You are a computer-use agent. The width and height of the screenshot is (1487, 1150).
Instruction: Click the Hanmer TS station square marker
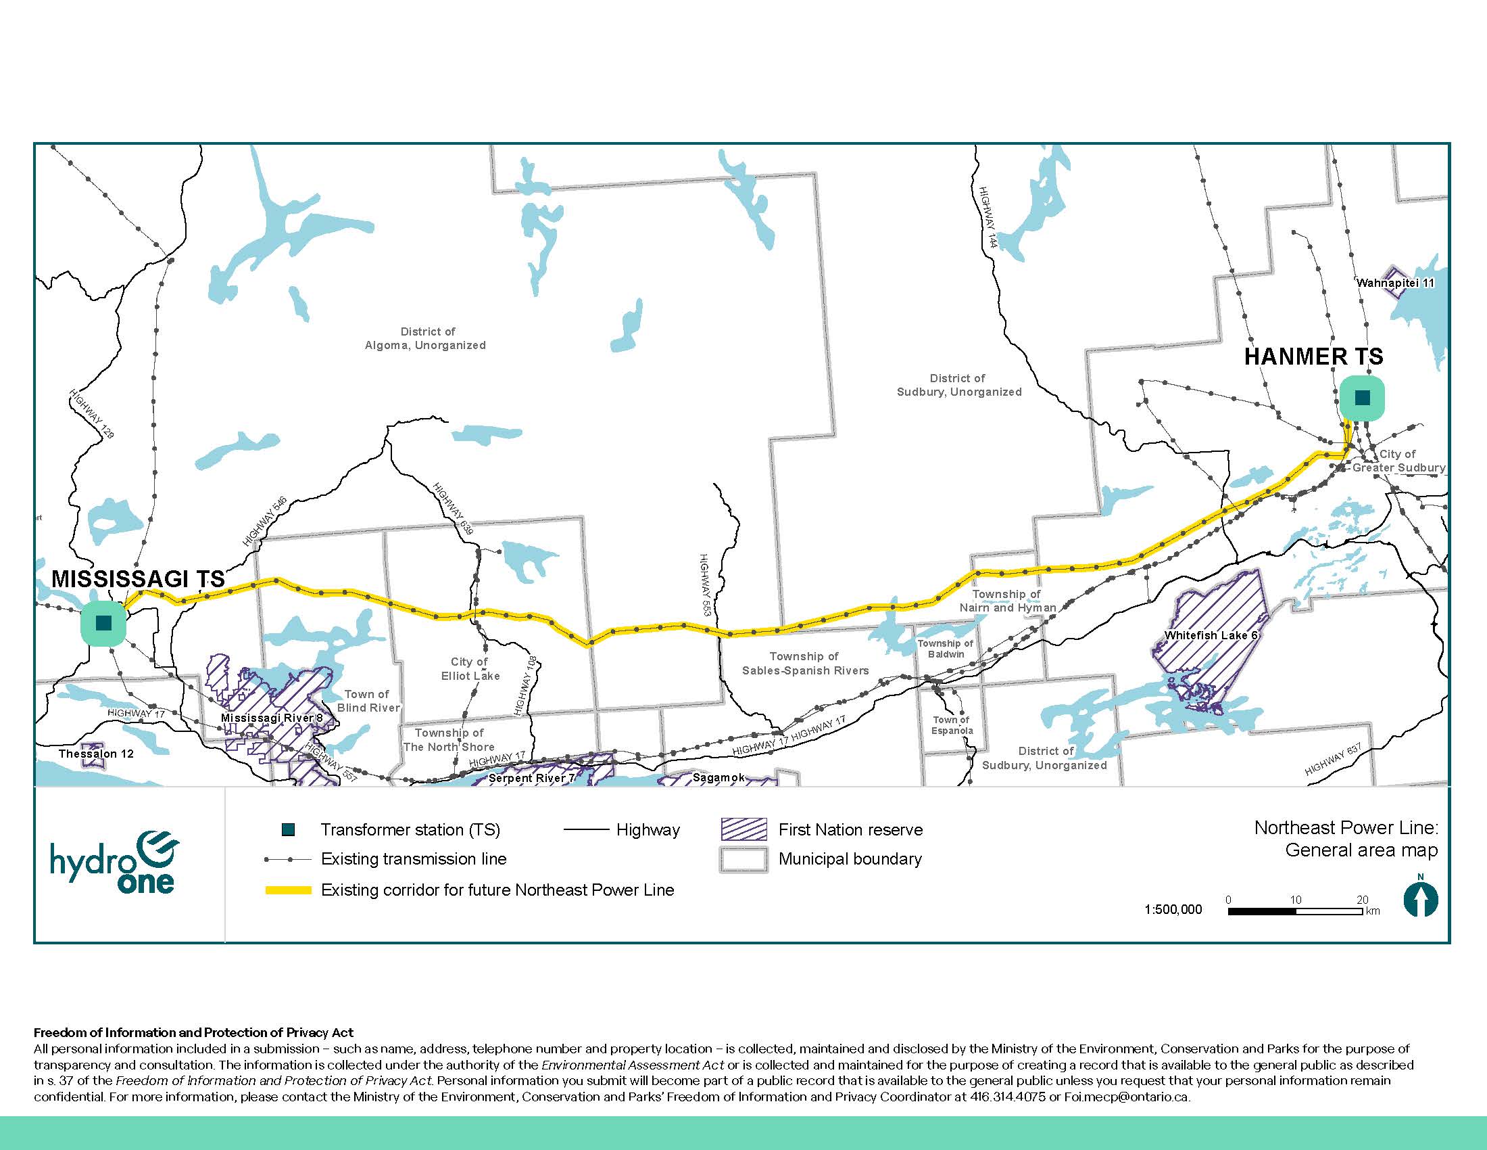(x=1362, y=398)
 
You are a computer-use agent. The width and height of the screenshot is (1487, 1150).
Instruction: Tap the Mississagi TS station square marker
(x=103, y=622)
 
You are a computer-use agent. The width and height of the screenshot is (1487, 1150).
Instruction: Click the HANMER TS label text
(x=1313, y=356)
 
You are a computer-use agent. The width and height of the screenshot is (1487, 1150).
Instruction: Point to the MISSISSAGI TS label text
(x=138, y=579)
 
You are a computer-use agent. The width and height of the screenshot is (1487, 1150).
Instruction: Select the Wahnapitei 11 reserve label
(x=1395, y=283)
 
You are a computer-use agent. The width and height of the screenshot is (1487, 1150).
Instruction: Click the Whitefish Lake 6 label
(x=1211, y=635)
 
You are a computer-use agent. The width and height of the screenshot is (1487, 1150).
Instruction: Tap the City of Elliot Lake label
(x=470, y=669)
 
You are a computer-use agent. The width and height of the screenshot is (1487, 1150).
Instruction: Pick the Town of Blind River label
(x=368, y=701)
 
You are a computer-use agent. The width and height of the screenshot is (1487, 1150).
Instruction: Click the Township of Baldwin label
(x=946, y=649)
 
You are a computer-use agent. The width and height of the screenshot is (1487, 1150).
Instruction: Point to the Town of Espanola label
(x=952, y=725)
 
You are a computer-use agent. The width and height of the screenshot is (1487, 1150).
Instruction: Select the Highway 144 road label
(x=988, y=217)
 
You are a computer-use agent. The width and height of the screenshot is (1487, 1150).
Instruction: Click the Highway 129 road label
(x=91, y=413)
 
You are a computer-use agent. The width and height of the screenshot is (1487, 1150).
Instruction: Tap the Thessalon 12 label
(x=96, y=754)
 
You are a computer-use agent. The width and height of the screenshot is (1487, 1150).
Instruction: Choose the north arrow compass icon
(x=1420, y=899)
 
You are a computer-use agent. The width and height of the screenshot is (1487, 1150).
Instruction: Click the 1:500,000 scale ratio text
(x=1173, y=909)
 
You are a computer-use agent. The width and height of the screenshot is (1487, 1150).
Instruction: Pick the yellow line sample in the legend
(x=288, y=890)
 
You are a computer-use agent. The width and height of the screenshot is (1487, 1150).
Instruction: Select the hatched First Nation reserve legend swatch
(x=743, y=829)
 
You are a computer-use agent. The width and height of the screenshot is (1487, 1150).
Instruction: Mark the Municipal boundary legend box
(x=743, y=859)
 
